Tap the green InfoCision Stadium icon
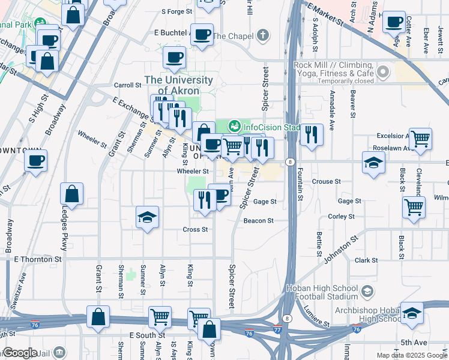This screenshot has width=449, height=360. [x=234, y=127]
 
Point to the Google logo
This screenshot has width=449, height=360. [x=20, y=353]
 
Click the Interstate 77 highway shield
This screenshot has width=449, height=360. [x=277, y=329]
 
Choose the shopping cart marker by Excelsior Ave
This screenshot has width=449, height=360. [x=420, y=139]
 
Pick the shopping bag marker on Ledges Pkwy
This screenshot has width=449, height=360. [x=71, y=194]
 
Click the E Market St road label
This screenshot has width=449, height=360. [x=325, y=16]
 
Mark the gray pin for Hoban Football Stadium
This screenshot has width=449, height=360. [x=367, y=292]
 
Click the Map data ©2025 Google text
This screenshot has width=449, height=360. [x=412, y=355]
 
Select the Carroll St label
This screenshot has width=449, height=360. [x=127, y=85]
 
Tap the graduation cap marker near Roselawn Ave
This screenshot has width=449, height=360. [x=373, y=163]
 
